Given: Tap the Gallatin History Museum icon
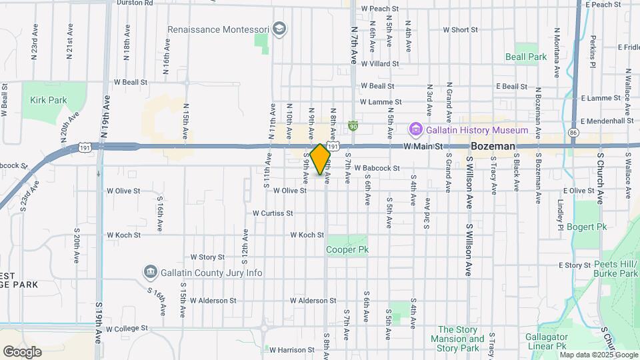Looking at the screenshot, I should click(x=416, y=129).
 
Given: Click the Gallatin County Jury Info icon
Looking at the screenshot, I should click(x=150, y=272).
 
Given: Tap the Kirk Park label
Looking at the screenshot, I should click(x=49, y=100).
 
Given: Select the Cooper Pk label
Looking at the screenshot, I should click(x=347, y=249).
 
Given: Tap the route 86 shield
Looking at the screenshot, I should click(x=573, y=133).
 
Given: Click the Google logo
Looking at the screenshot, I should click(x=22, y=351).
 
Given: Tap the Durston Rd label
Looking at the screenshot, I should click(x=135, y=3).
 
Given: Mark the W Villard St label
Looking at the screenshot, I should click(x=379, y=64).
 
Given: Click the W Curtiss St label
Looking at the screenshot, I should click(x=273, y=213).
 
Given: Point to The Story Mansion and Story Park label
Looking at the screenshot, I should click(x=459, y=339).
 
